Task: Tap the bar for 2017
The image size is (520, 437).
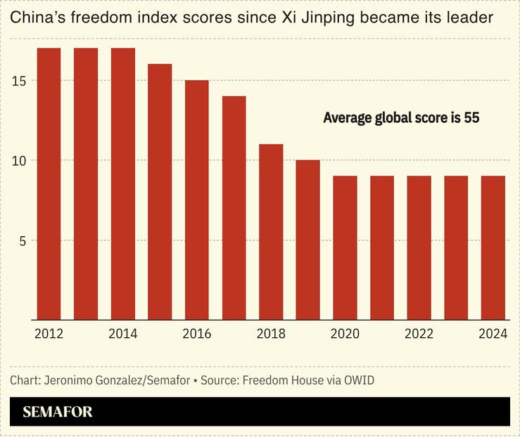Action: (234, 208)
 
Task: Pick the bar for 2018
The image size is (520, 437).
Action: (271, 232)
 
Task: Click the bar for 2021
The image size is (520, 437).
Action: (382, 248)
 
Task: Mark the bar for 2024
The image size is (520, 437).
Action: (493, 248)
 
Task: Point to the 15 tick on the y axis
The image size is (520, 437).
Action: (19, 81)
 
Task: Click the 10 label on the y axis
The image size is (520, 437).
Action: (19, 161)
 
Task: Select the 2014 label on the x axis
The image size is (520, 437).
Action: (122, 334)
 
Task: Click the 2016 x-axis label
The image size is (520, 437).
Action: (196, 334)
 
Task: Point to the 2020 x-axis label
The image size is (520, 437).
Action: (345, 334)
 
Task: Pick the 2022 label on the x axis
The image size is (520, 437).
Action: (419, 334)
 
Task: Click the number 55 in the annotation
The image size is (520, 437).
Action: (471, 118)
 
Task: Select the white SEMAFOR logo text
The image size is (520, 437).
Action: (57, 412)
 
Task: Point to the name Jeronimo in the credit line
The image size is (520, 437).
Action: (69, 380)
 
